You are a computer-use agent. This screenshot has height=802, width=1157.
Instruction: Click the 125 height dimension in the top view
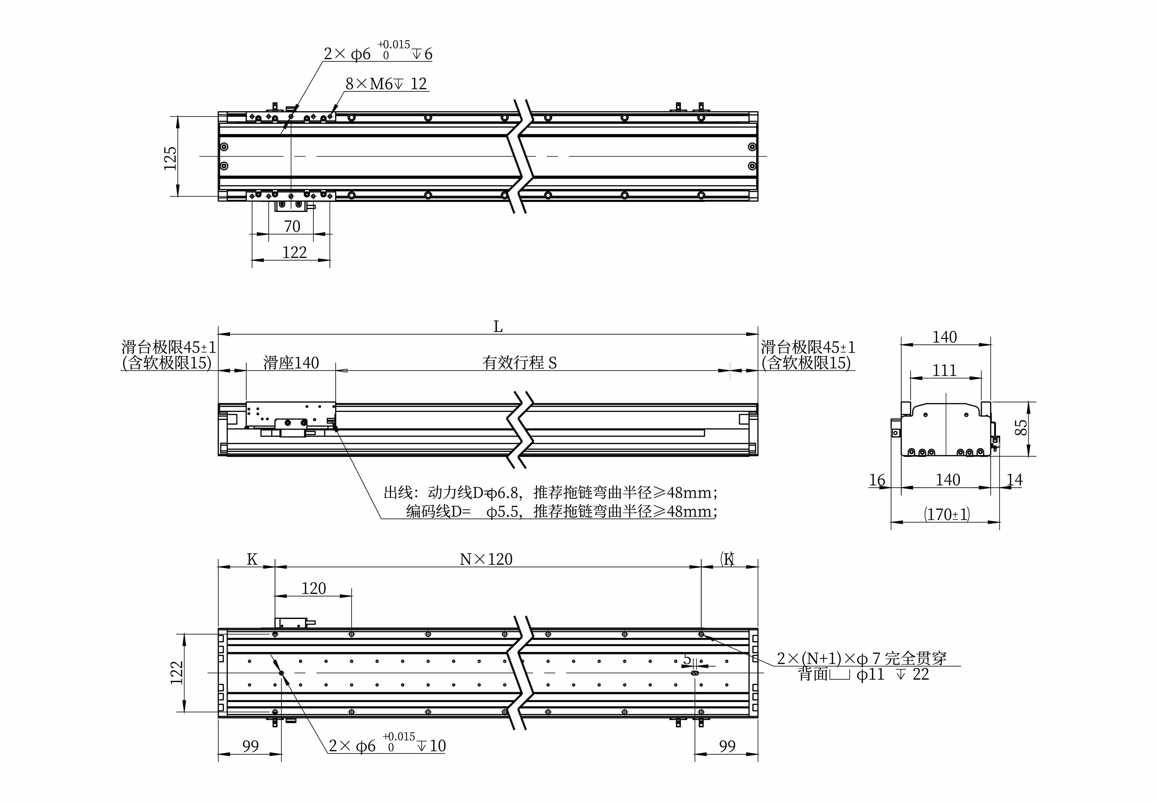coord(170,158)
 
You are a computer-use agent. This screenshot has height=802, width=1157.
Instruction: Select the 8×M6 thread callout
coord(386,83)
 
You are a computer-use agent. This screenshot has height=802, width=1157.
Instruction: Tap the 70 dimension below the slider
coord(292,227)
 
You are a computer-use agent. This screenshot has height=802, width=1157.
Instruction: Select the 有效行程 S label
coord(519,363)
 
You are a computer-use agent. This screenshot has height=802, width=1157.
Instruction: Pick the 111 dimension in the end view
coord(945,370)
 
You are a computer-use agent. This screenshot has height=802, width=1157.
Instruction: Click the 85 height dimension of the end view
coord(1021,428)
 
